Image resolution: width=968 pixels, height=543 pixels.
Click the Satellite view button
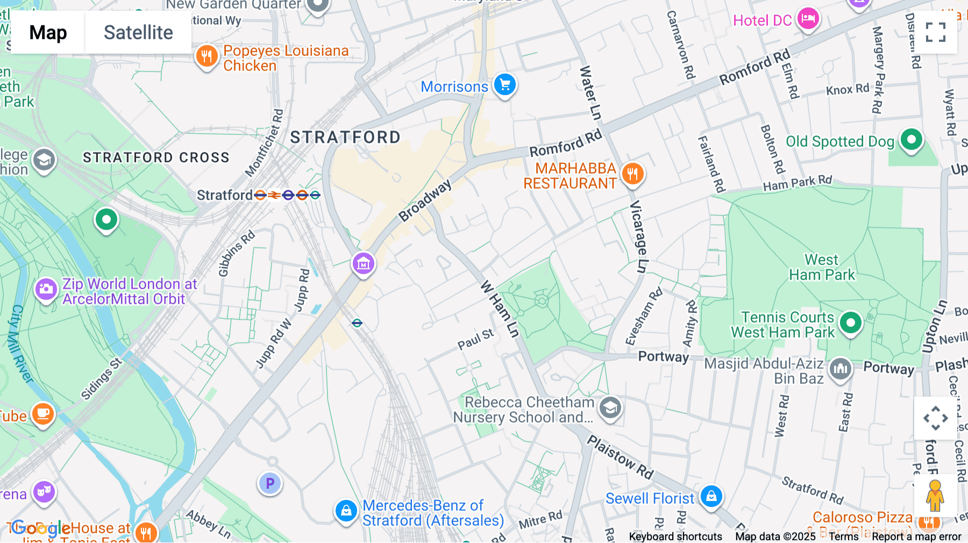pos(138,32)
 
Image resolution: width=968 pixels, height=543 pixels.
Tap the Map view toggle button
pos(48,32)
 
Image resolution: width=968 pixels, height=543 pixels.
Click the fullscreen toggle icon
pos(935,32)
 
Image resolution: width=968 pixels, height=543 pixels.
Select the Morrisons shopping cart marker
pos(504,84)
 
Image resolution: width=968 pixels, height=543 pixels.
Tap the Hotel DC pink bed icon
pos(807,19)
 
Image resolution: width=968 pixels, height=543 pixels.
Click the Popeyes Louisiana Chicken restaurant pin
pos(207,55)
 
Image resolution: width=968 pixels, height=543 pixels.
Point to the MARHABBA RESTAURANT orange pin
pos(632,174)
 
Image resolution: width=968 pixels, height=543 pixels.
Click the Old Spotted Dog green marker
pos(911,140)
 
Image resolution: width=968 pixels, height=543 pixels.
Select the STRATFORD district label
pos(345,138)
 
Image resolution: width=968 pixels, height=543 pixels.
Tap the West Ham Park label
pos(821,267)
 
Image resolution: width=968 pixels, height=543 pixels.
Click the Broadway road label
pos(425,201)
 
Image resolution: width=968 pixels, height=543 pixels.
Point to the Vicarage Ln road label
pos(638,237)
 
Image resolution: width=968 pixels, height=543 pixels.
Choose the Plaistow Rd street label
pos(620,457)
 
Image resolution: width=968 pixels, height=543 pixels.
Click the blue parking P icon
pos(270,483)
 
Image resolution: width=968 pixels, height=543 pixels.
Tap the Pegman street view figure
pos(935,496)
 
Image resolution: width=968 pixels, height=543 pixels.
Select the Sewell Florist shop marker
pos(711,496)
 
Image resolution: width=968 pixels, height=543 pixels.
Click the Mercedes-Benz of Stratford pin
pos(346,510)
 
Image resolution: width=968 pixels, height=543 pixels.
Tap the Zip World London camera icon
pos(46,289)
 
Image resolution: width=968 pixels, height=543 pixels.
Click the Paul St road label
pos(475,339)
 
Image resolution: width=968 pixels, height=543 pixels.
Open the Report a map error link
pos(916,537)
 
